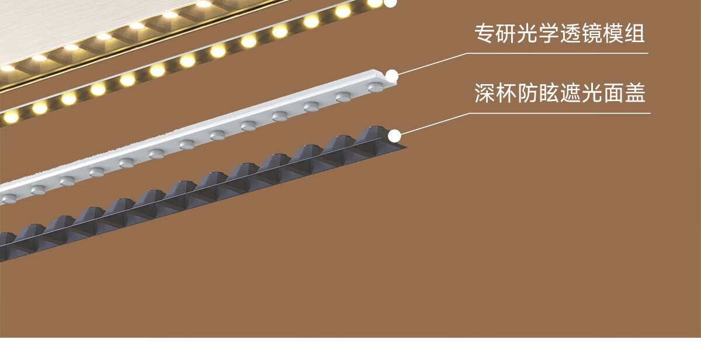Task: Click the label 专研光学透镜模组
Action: [560, 34]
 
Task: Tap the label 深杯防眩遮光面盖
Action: [560, 94]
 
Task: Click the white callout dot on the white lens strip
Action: [392, 75]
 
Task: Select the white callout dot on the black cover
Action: [395, 136]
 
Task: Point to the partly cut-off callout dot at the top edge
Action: [390, 2]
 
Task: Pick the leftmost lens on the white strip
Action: [8, 199]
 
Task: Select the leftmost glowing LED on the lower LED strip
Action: [11, 116]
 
